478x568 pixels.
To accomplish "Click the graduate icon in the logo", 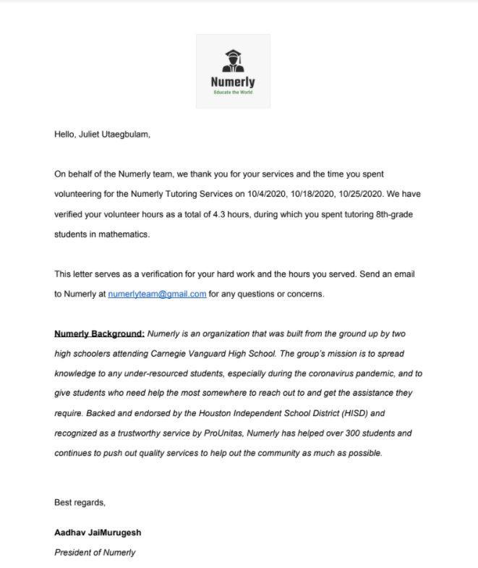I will pos(233,61).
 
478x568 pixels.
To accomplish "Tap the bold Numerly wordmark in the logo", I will pos(233,82).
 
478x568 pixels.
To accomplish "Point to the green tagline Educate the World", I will pos(233,93).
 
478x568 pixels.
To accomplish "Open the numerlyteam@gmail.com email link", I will pos(157,294).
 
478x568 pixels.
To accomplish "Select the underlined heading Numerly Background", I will pos(99,334).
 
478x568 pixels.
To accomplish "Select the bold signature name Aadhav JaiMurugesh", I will pos(98,533).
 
